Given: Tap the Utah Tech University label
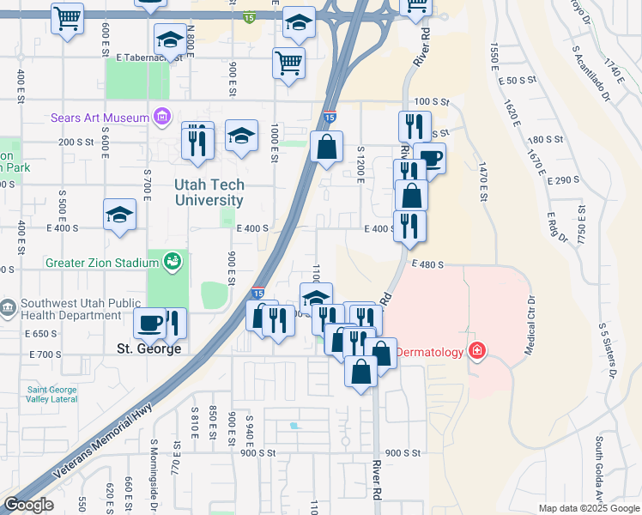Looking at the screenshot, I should pyautogui.click(x=209, y=192).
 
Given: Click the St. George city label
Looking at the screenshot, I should pyautogui.click(x=148, y=349).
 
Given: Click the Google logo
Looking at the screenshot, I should pyautogui.click(x=28, y=505).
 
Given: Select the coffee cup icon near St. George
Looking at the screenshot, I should pyautogui.click(x=151, y=323).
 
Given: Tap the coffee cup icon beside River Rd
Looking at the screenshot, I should pyautogui.click(x=431, y=159).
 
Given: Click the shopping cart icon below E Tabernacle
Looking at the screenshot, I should pyautogui.click(x=289, y=62).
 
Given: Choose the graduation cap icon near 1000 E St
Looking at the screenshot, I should pyautogui.click(x=242, y=135).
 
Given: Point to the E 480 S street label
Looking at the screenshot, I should pyautogui.click(x=427, y=265).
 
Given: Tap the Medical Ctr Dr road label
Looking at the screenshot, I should pyautogui.click(x=530, y=325).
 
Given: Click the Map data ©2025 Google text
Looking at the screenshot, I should pyautogui.click(x=588, y=508).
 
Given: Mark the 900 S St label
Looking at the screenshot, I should pyautogui.click(x=403, y=453).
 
